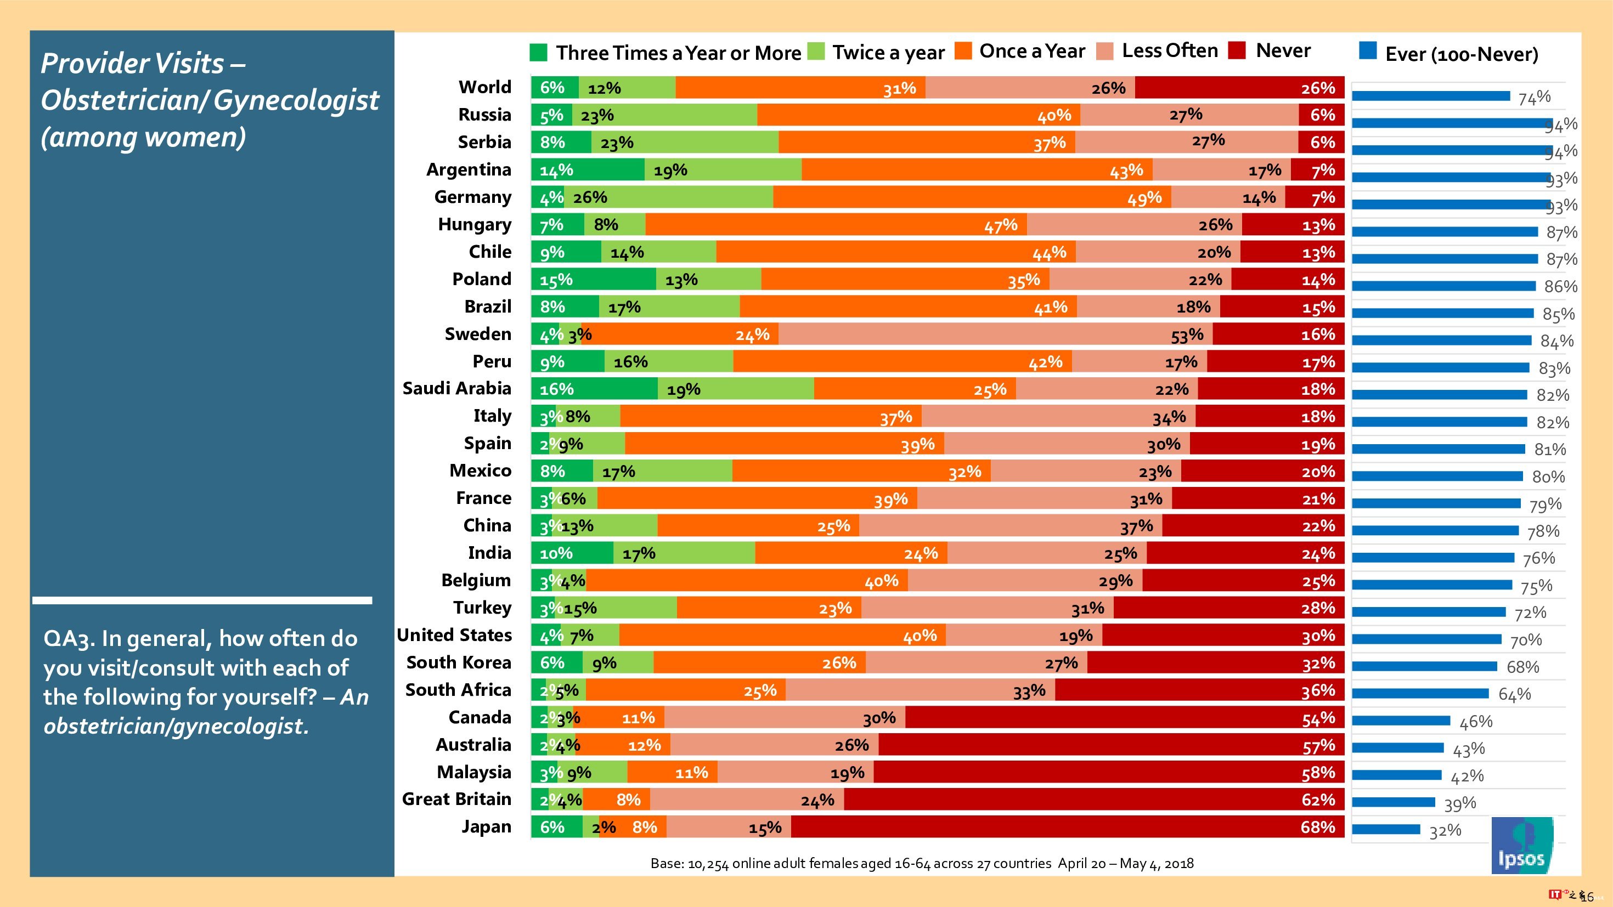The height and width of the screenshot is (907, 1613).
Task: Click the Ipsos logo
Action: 1521,845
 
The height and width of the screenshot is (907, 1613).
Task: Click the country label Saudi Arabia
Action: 456,389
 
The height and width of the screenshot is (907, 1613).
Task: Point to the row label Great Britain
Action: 456,800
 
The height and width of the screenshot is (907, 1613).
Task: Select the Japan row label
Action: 486,827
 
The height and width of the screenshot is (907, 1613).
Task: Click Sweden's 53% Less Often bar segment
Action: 995,335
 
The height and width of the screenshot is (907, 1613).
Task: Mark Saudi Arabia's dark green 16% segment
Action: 594,389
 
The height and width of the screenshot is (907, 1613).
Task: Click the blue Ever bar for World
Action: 1431,96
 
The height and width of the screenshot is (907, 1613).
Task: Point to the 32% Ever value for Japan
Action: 1445,831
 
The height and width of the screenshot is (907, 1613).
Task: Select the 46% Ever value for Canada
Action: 1475,722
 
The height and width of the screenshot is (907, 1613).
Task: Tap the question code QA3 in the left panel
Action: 67,639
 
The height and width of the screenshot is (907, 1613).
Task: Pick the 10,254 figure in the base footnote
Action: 708,864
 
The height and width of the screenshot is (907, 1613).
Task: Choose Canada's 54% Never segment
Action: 1125,717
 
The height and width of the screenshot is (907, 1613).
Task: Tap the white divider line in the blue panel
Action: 202,600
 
